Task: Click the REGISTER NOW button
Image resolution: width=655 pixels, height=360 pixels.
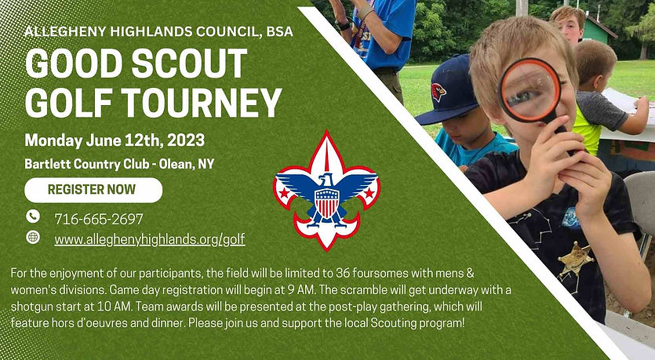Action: pyautogui.click(x=93, y=190)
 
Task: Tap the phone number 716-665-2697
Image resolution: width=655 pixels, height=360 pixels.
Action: pyautogui.click(x=99, y=219)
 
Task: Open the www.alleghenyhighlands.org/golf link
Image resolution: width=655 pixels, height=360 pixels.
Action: pyautogui.click(x=150, y=239)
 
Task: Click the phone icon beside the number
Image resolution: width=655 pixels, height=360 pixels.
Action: pyautogui.click(x=33, y=216)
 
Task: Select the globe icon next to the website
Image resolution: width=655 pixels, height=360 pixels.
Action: pyautogui.click(x=33, y=237)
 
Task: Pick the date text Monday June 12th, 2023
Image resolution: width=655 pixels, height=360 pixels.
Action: pyautogui.click(x=115, y=141)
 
